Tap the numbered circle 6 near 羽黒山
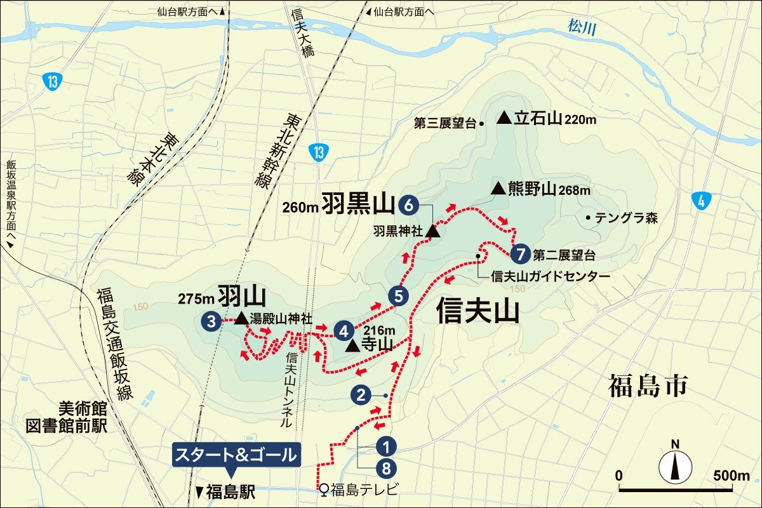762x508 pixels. [x=409, y=204]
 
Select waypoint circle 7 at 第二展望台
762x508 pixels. [x=520, y=255]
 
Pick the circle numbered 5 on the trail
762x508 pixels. [x=398, y=295]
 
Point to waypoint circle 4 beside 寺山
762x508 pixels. [x=344, y=330]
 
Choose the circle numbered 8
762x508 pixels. [x=385, y=469]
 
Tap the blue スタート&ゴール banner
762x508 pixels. [x=236, y=455]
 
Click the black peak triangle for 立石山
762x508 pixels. [x=504, y=117]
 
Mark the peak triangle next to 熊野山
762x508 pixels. [x=498, y=189]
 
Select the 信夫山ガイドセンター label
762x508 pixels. [x=551, y=276]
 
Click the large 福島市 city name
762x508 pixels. [x=648, y=385]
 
